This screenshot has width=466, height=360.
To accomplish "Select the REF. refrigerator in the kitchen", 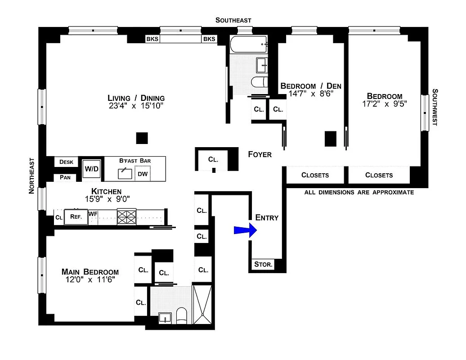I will click(75, 216).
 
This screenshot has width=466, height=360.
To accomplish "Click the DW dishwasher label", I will click(143, 174).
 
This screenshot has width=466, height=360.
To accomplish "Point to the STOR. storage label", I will click(263, 265).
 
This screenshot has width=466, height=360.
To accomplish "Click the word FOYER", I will click(260, 154).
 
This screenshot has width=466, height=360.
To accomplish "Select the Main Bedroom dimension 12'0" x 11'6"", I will click(90, 279).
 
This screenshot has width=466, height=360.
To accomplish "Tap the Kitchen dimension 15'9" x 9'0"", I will click(104, 198).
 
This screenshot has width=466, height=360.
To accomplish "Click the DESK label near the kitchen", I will click(66, 162).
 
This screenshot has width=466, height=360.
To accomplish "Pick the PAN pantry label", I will click(65, 177).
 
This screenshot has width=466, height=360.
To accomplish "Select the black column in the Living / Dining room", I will click(142, 138).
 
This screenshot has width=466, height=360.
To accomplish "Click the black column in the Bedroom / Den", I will click(331, 139).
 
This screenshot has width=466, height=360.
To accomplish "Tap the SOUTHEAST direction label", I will click(233, 20).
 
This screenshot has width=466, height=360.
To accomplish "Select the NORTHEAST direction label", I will click(31, 175).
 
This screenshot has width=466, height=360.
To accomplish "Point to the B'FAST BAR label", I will click(135, 160).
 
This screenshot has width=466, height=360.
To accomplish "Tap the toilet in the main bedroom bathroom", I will click(182, 315).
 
